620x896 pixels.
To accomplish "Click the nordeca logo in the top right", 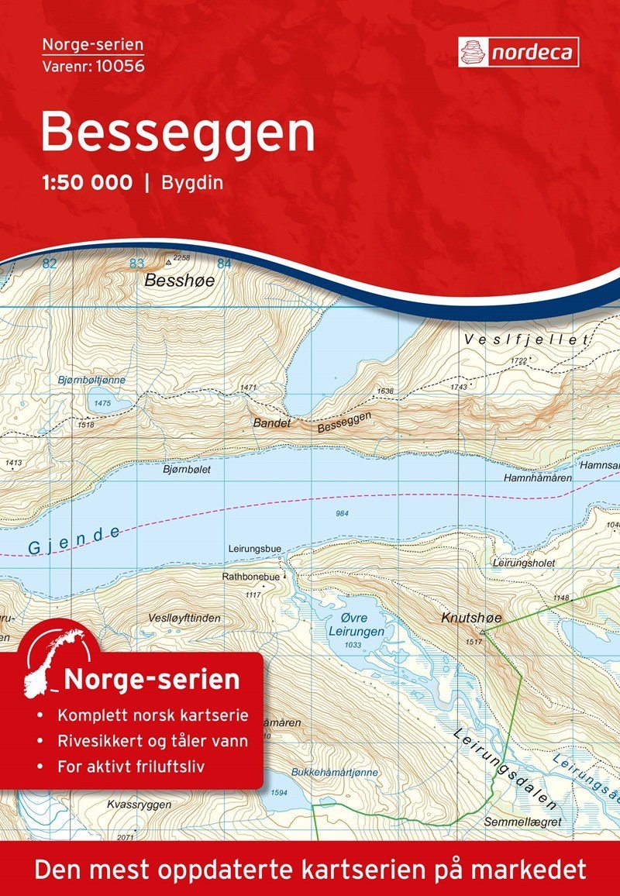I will pos(518,52).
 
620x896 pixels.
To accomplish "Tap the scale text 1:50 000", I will pos(86,184).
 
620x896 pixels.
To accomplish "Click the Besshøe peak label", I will pos(180,281).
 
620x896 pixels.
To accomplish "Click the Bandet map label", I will pos(272,423).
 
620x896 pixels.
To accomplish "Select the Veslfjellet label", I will pos(527,340).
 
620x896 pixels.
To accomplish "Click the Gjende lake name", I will pos(75,540).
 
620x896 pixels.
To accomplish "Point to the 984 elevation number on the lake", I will pos(342,514).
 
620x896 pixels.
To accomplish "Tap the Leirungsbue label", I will pos(255,549).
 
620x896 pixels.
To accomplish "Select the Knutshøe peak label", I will pos(471,618).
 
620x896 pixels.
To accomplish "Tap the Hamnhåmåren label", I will pos(537,478).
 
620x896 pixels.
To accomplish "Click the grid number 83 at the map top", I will pos(137,264).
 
